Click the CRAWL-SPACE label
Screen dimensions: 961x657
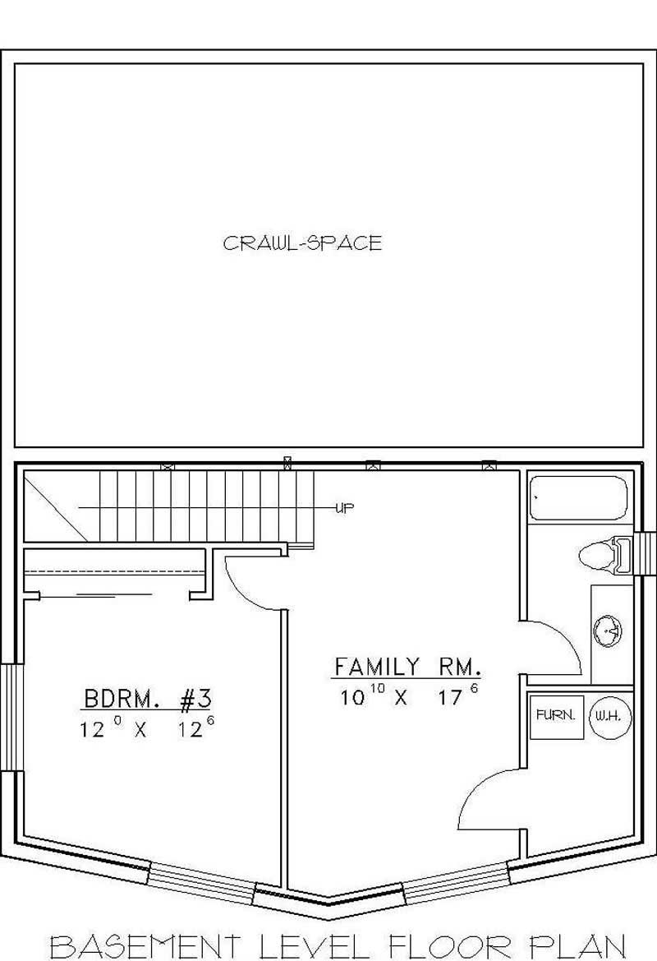(302, 243)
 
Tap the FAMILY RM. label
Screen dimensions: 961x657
(407, 666)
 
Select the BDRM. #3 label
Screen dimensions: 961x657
(148, 700)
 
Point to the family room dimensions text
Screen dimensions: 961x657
(408, 696)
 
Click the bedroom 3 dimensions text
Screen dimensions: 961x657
(148, 728)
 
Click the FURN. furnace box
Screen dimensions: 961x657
(556, 716)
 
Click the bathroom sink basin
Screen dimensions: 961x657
(608, 631)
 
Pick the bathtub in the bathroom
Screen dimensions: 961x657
(578, 498)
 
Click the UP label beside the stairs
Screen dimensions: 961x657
(344, 508)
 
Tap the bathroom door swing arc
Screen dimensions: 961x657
(558, 645)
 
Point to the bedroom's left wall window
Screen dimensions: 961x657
(9, 716)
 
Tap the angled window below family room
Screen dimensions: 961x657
(456, 881)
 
